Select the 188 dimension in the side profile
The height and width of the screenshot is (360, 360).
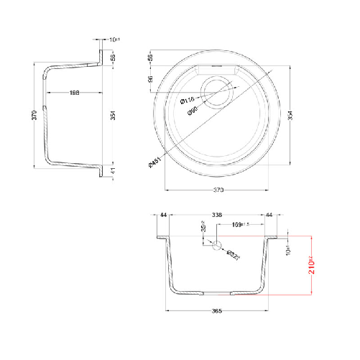(74, 92)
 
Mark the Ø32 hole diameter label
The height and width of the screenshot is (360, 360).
(233, 253)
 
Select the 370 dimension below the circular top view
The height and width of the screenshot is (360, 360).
(219, 190)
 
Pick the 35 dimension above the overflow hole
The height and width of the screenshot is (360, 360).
(203, 230)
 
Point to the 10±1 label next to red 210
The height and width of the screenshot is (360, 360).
(287, 249)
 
